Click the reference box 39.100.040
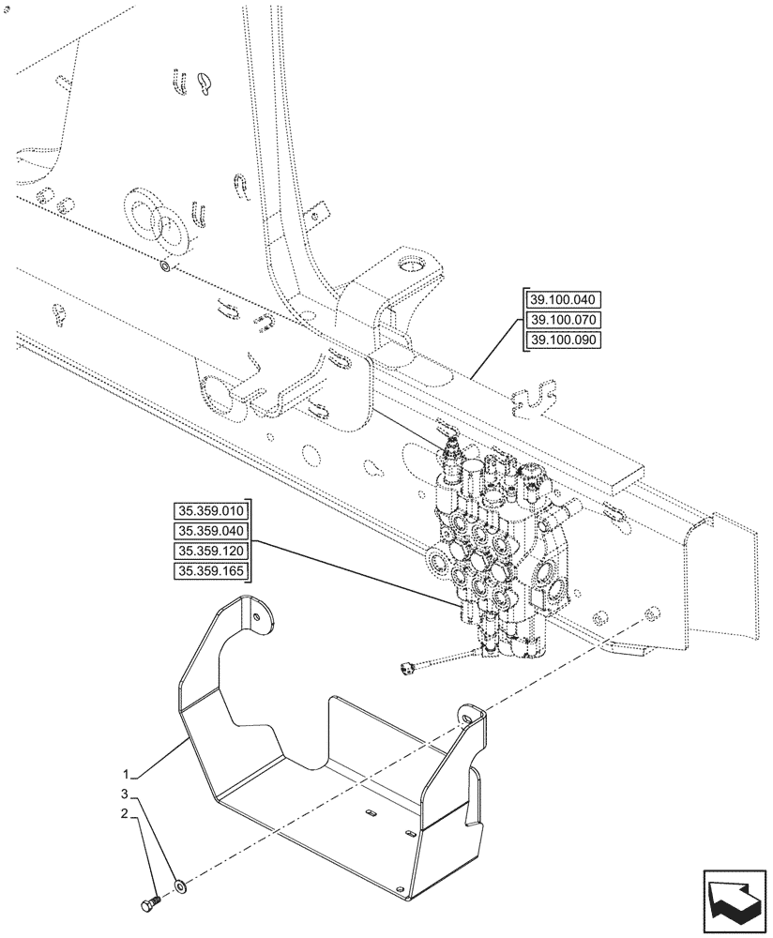coord(561,300)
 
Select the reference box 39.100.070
coord(561,320)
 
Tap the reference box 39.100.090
coord(561,340)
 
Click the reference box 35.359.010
coord(210,511)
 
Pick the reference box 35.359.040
coord(210,531)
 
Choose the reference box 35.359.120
coord(210,552)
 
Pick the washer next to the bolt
coord(179,885)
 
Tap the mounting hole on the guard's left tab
coord(256,616)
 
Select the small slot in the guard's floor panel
coord(369,811)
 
